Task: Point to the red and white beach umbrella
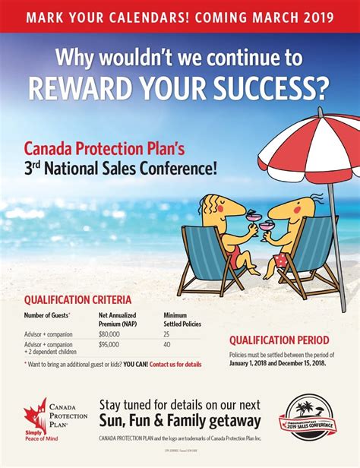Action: click(308, 144)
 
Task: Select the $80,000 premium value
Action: click(109, 334)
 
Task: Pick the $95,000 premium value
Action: click(109, 344)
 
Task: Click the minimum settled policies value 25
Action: click(167, 334)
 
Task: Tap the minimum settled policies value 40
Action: click(167, 344)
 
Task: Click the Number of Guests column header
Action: click(47, 315)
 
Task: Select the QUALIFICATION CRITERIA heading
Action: click(77, 299)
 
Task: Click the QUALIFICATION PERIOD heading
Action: click(279, 340)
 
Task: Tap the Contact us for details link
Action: click(175, 365)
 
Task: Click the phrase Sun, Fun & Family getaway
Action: click(180, 420)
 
